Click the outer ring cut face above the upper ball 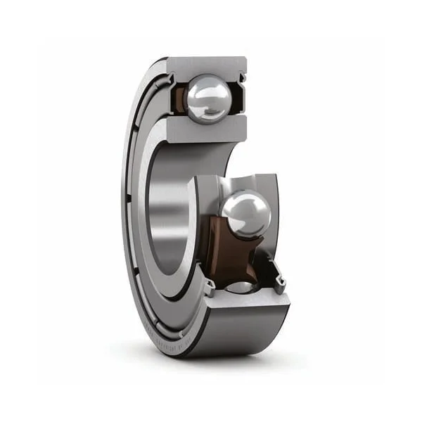point(207,65)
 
